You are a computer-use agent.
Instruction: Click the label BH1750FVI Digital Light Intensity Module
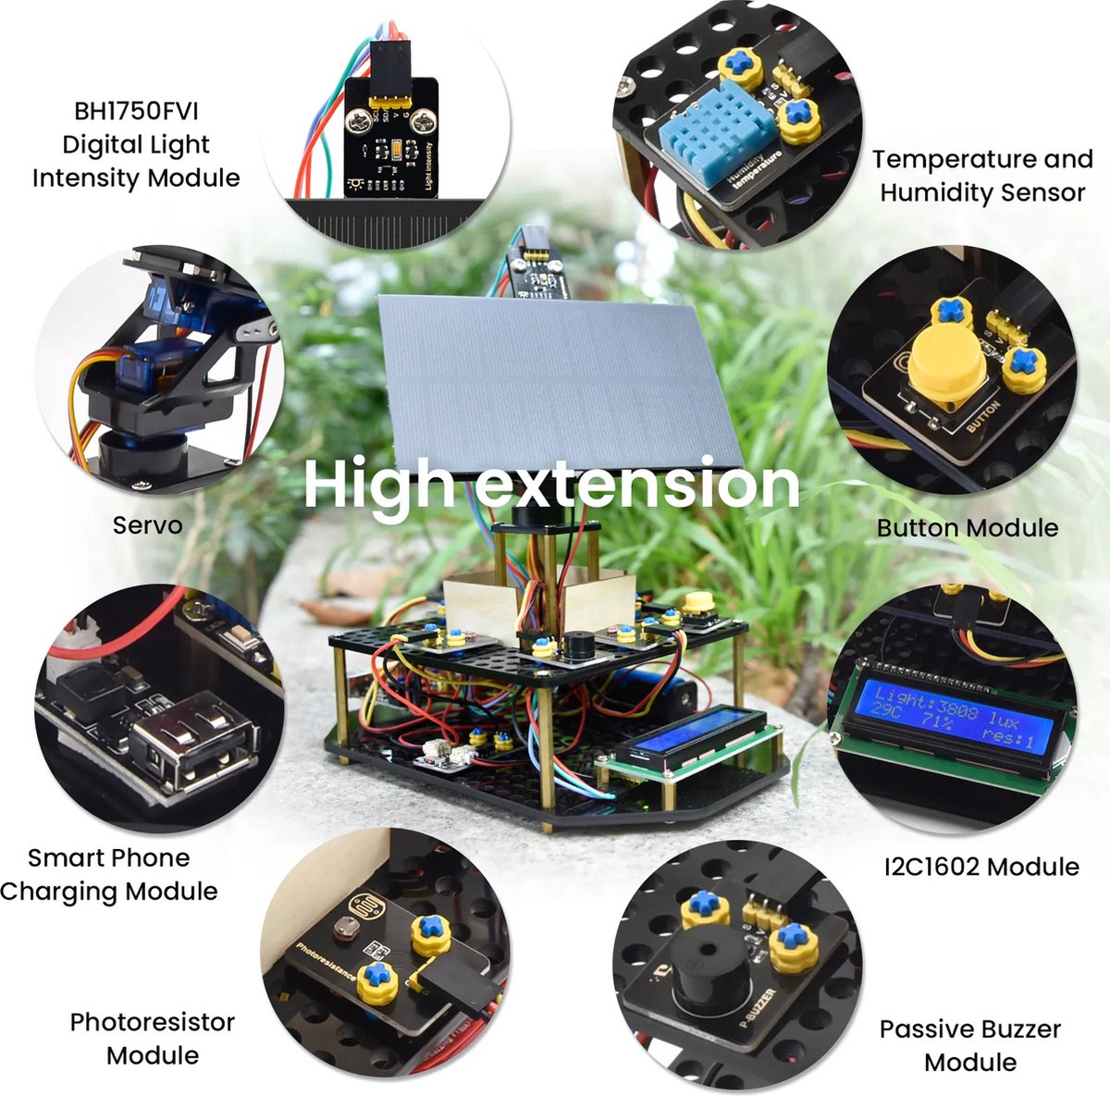point(136,144)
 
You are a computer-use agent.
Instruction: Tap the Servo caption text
point(147,525)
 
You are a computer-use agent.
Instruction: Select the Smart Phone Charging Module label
point(109,874)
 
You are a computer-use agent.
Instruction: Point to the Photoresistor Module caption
point(153,1038)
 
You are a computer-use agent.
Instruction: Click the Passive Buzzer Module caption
point(969,1045)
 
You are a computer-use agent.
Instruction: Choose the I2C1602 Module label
point(981,867)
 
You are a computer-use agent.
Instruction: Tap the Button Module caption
point(968,528)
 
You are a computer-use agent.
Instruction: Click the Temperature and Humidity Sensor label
point(982,176)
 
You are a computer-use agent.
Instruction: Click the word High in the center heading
point(379,484)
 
